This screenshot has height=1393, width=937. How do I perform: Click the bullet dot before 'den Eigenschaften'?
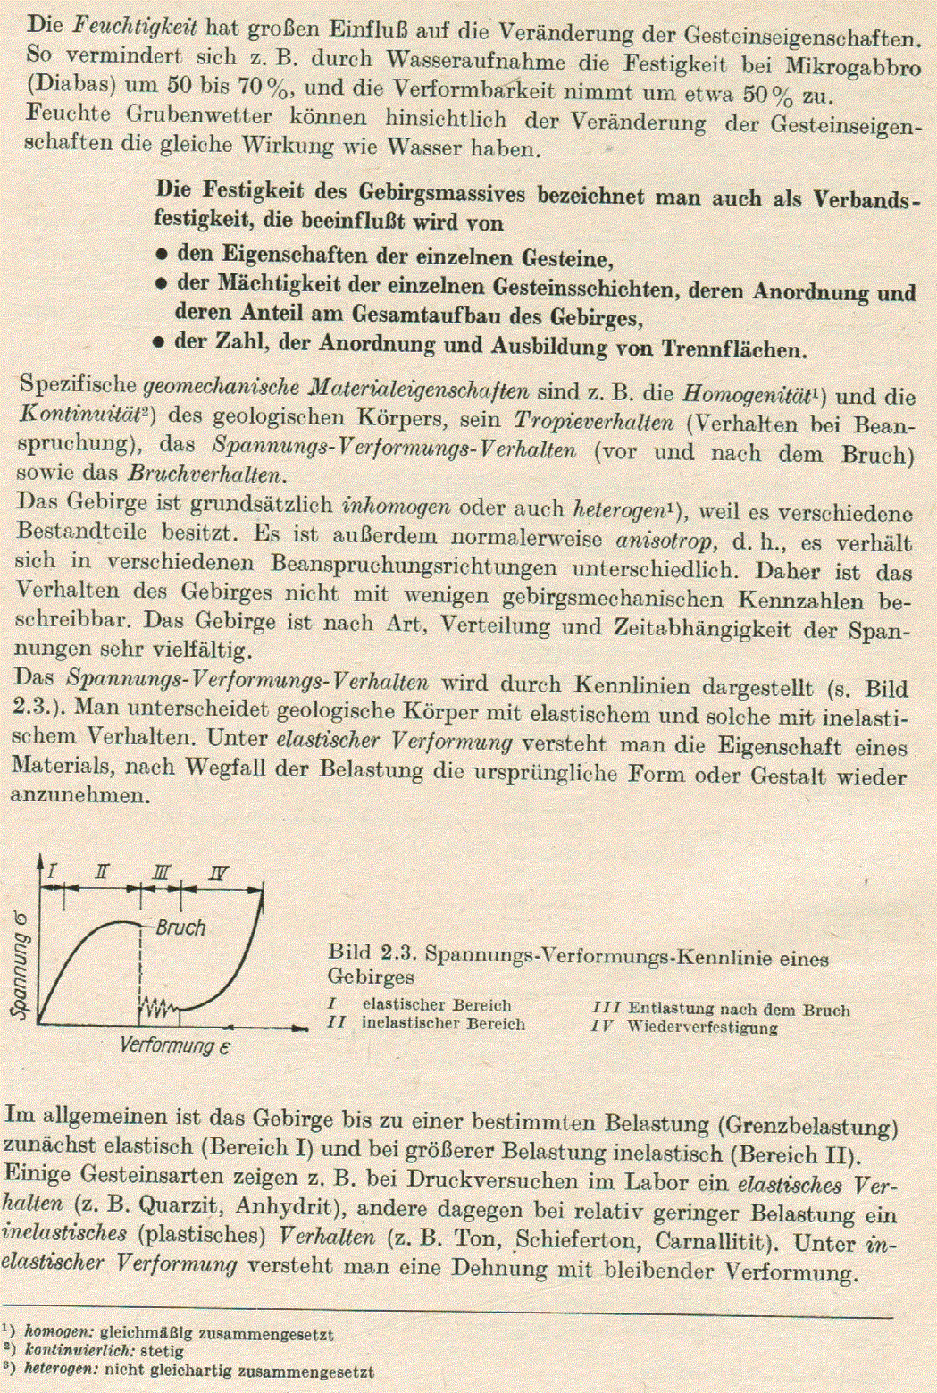(162, 256)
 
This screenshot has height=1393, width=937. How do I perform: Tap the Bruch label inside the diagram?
(180, 928)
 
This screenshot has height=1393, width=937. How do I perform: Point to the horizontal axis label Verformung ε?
(175, 1045)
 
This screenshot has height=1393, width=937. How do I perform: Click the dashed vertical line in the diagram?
(140, 965)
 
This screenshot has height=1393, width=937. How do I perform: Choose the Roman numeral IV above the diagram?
(218, 874)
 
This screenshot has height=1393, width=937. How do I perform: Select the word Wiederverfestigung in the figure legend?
(702, 1027)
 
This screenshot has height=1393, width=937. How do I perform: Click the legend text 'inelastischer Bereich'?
(443, 1024)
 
